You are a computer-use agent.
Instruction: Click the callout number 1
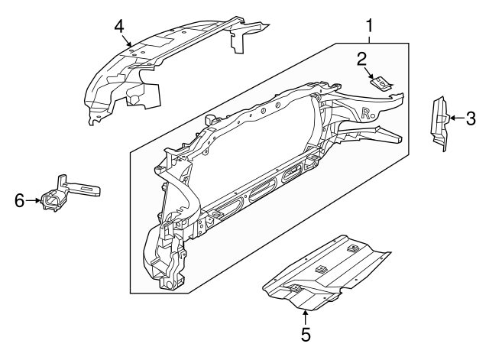coord(370,26)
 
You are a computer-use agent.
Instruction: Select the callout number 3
coord(471,118)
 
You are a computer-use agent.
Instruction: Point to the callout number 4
coord(119,26)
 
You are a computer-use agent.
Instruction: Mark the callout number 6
coord(20,201)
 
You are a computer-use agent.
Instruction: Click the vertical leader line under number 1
coord(370,38)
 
